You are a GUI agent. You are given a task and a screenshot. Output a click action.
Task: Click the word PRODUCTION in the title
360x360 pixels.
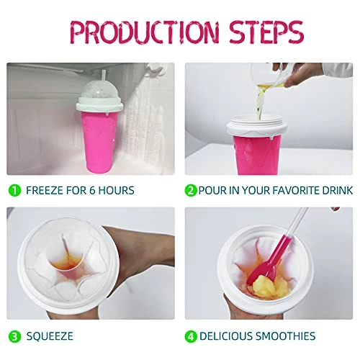(144, 32)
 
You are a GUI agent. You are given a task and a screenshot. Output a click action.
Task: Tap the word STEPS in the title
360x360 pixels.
(266, 32)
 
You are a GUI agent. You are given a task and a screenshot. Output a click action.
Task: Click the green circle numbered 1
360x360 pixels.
(15, 191)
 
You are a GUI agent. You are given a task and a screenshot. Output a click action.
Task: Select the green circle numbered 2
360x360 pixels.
(191, 191)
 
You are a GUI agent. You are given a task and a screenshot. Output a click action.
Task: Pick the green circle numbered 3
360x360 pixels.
(15, 336)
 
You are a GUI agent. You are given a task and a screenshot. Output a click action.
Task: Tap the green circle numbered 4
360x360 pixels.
(191, 336)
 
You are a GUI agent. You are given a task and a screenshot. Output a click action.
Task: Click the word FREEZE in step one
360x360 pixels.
(45, 191)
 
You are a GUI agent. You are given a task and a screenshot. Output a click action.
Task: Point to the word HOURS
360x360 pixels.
(117, 191)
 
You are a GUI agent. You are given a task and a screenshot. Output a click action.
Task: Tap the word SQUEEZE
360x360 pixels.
(50, 336)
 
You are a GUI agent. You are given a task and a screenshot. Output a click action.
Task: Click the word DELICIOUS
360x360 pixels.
(226, 336)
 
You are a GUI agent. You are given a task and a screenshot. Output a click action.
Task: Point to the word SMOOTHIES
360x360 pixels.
(285, 336)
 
